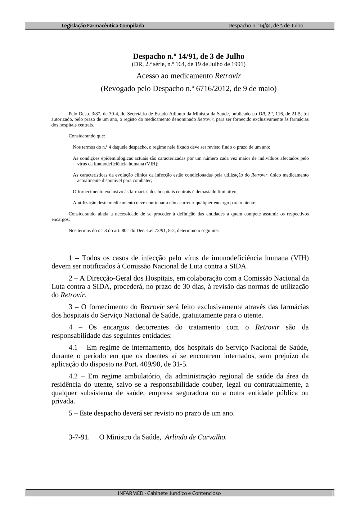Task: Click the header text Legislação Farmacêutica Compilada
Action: (103, 26)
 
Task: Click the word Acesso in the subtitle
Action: (148, 76)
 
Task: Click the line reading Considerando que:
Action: (87, 136)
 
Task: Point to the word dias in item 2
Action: (202, 287)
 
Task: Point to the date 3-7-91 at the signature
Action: (79, 437)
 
